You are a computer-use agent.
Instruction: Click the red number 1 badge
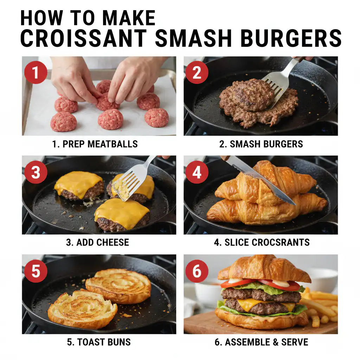click(35, 73)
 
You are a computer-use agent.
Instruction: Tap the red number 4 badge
click(197, 172)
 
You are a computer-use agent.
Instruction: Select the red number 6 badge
click(197, 271)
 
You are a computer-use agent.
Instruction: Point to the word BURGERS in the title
click(286, 38)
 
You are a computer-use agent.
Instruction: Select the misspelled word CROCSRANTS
click(277, 243)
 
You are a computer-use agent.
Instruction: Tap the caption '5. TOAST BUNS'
click(99, 342)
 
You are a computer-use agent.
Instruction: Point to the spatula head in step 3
click(127, 185)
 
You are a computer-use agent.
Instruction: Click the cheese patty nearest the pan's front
click(122, 213)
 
